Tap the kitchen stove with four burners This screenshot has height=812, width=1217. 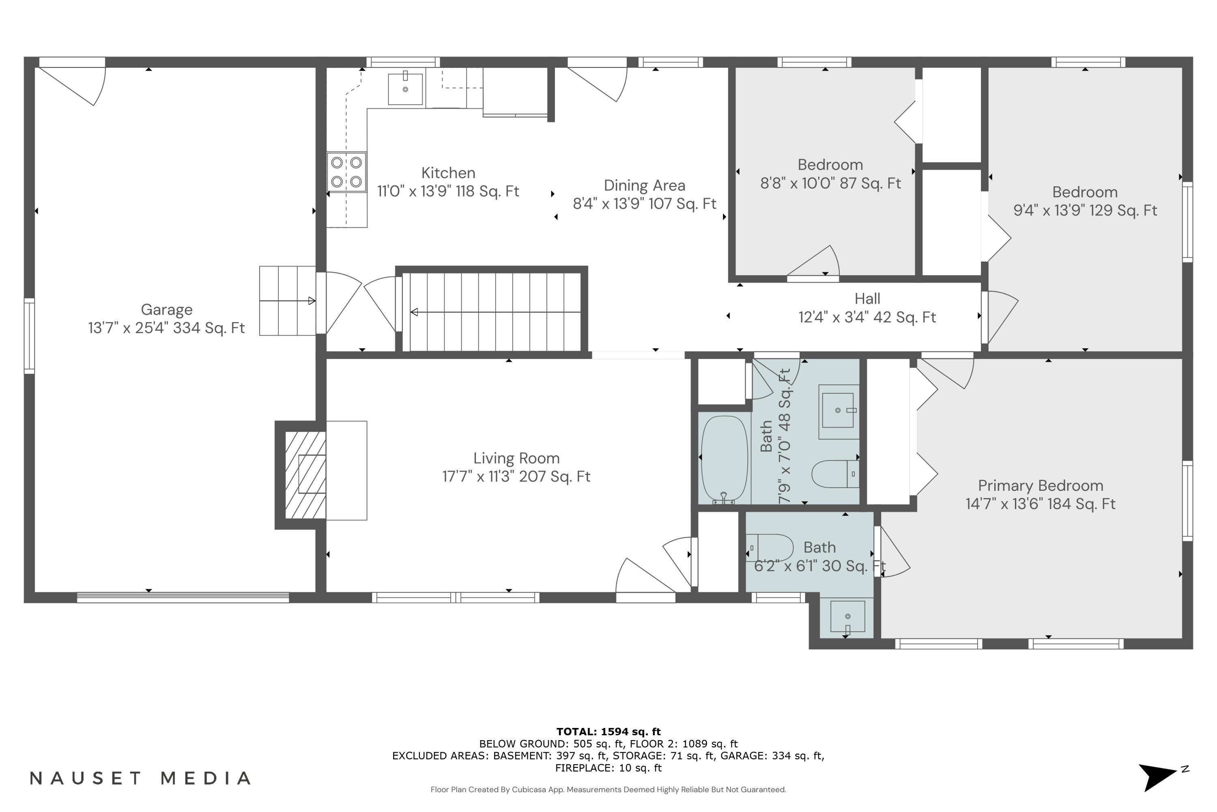pyautogui.click(x=346, y=172)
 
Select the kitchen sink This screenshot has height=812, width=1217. pyautogui.click(x=405, y=89)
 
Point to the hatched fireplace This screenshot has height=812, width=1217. pyautogui.click(x=305, y=475)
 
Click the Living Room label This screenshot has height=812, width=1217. pyautogui.click(x=516, y=458)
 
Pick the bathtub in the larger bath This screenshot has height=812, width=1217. pyautogui.click(x=725, y=459)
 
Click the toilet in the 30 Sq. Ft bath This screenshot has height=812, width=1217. pyautogui.click(x=770, y=547)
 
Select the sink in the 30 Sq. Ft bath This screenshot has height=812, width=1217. pyautogui.click(x=847, y=617)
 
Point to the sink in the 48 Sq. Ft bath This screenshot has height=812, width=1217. pyautogui.click(x=838, y=411)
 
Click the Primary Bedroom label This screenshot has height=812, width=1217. pyautogui.click(x=1041, y=485)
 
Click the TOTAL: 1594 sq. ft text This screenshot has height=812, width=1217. pyautogui.click(x=608, y=731)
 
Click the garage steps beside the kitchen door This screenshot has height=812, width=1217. pyautogui.click(x=287, y=301)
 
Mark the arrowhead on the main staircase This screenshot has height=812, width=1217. pyautogui.click(x=414, y=312)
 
